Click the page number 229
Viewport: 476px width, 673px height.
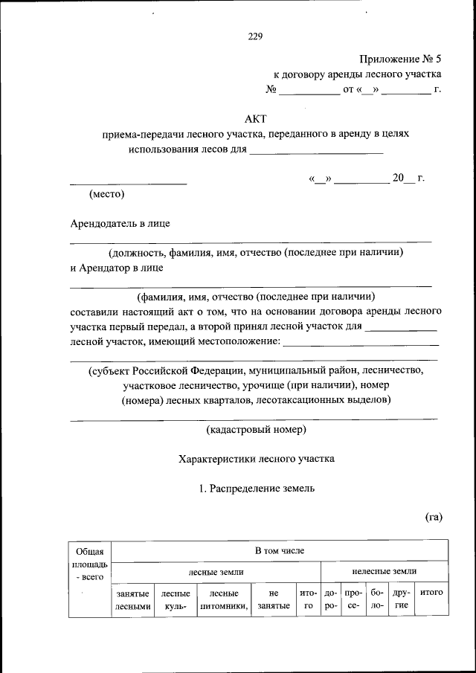pos(255,36)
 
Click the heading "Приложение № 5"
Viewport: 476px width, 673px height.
pos(400,57)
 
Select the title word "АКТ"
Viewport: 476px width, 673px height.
pos(255,118)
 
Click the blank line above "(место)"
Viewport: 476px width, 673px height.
pos(128,183)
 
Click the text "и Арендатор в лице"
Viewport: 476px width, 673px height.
pos(117,267)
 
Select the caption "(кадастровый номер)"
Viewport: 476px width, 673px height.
pos(256,429)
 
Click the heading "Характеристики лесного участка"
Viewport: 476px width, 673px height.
pos(257,459)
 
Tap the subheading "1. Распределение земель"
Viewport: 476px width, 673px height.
pos(257,489)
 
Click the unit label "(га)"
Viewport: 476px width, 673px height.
pos(434,517)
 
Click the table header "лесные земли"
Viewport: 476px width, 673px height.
pos(216,571)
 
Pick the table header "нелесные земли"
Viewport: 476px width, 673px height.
pos(384,571)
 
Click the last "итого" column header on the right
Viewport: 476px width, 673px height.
pos(431,593)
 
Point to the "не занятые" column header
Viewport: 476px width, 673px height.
pos(273,599)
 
